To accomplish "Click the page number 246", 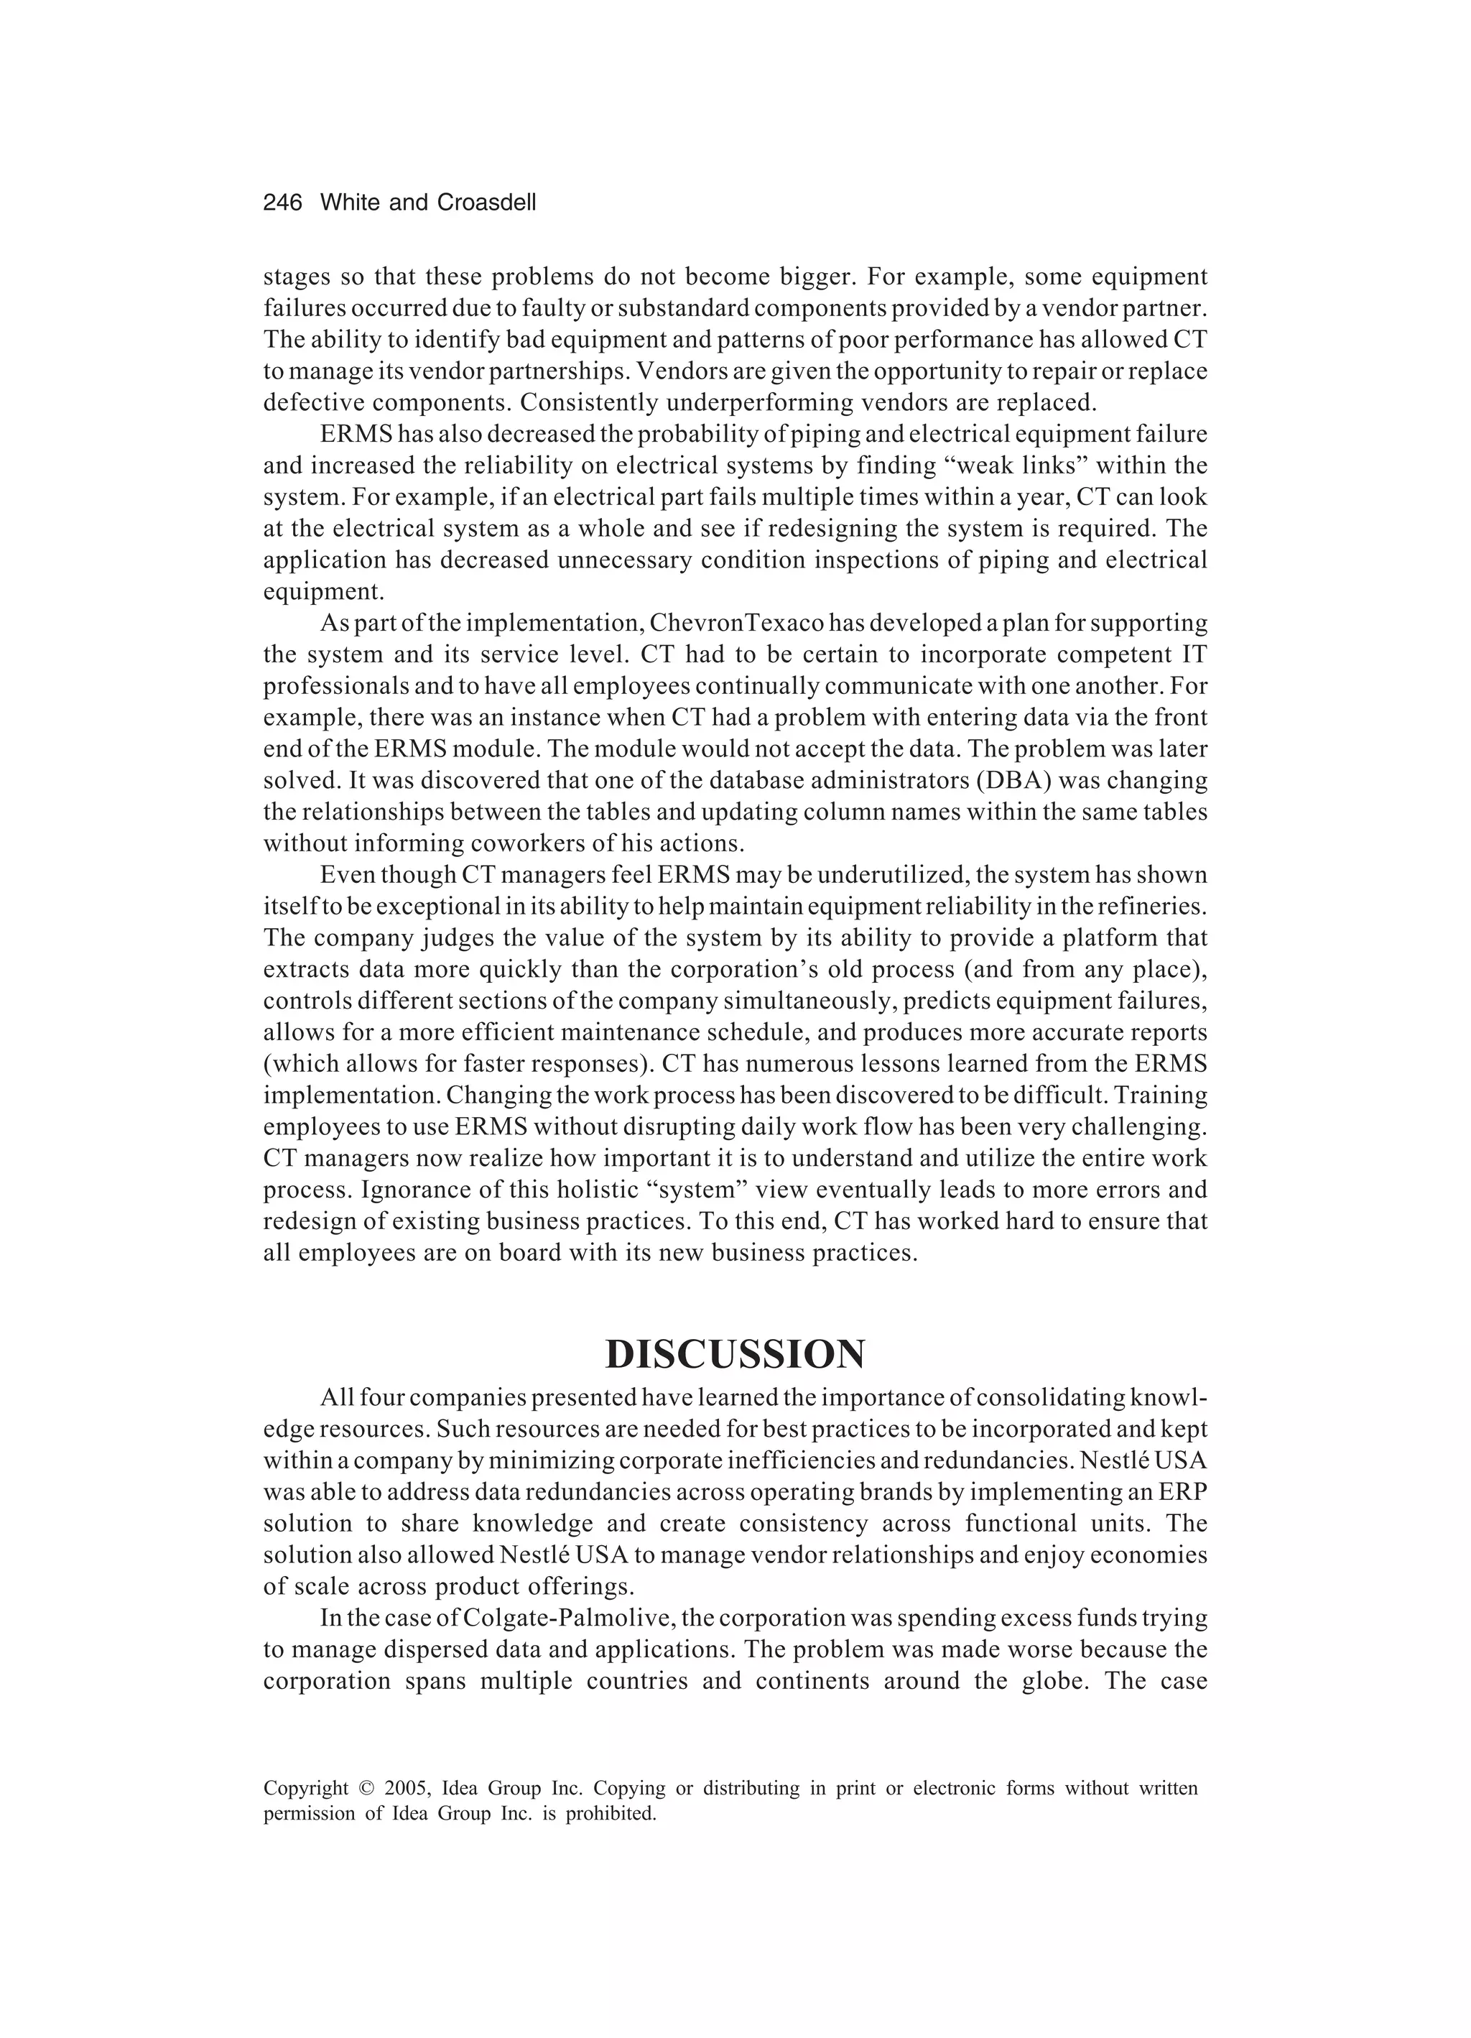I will [282, 203].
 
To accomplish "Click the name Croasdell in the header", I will [486, 203].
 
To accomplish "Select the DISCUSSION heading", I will [735, 1354].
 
